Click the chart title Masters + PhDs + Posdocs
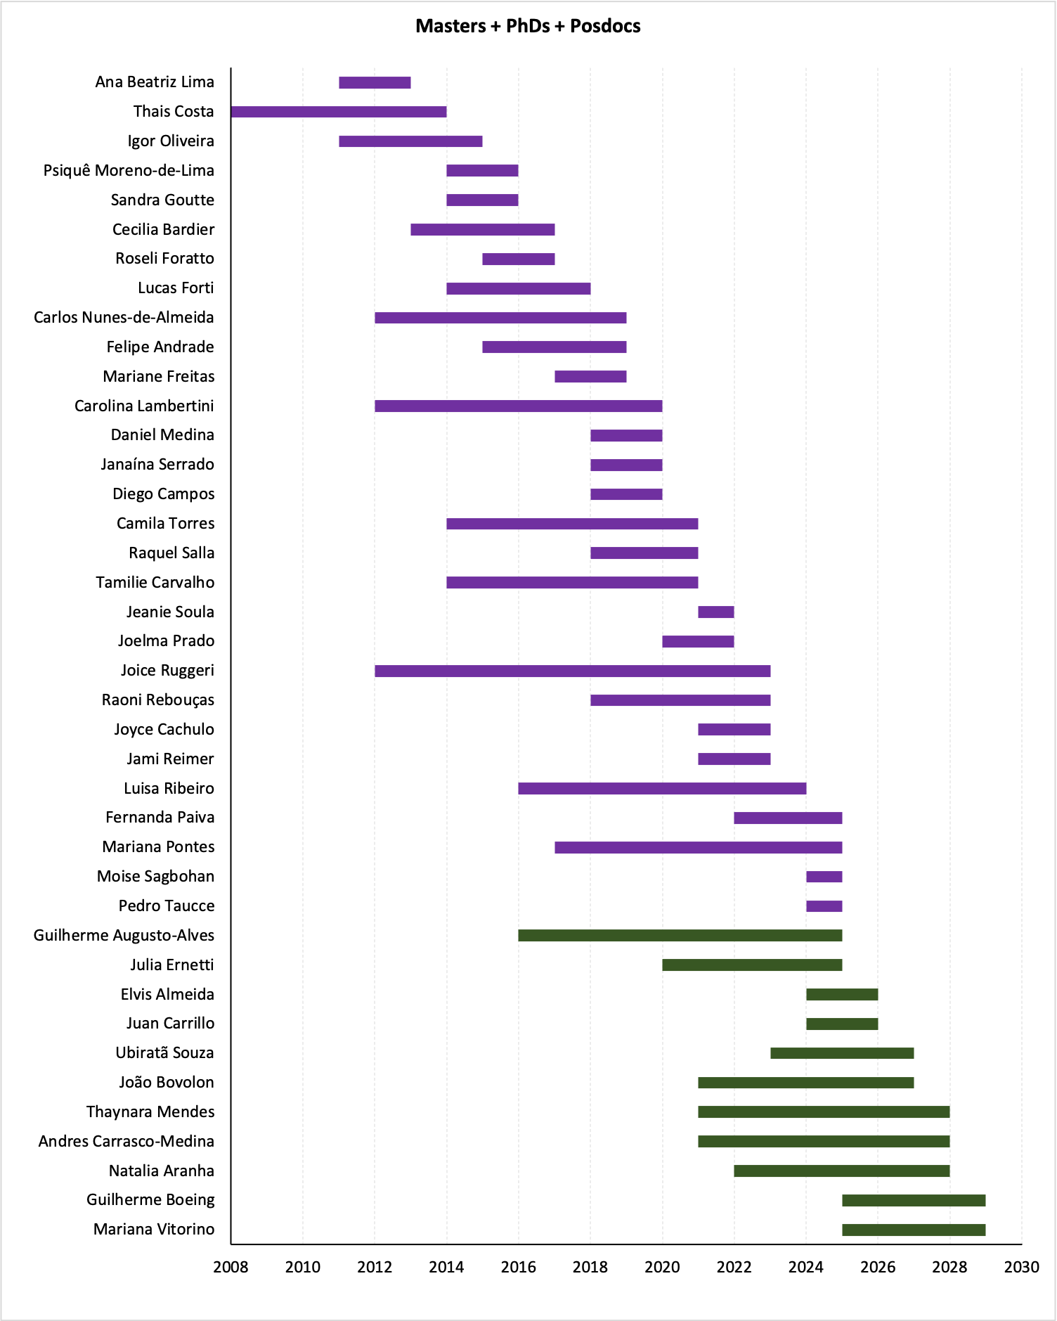tap(528, 26)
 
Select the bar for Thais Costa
tap(339, 112)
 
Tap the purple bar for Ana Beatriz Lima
tap(375, 83)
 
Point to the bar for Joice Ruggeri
tap(572, 671)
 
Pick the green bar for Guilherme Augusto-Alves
tap(680, 936)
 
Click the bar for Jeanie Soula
tap(715, 612)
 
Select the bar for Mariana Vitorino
tap(914, 1230)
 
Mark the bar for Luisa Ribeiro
tap(662, 789)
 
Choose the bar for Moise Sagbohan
tap(824, 877)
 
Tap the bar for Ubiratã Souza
tap(842, 1053)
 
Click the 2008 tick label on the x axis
tap(231, 1268)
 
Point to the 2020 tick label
tap(662, 1268)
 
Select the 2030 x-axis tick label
tap(1021, 1268)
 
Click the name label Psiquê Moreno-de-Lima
tap(129, 171)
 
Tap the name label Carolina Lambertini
tap(144, 406)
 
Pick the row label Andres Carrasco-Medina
tap(127, 1141)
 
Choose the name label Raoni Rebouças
tap(158, 700)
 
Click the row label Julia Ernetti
tap(172, 965)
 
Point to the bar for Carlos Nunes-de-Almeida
tap(500, 318)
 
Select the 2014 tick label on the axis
tap(446, 1268)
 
